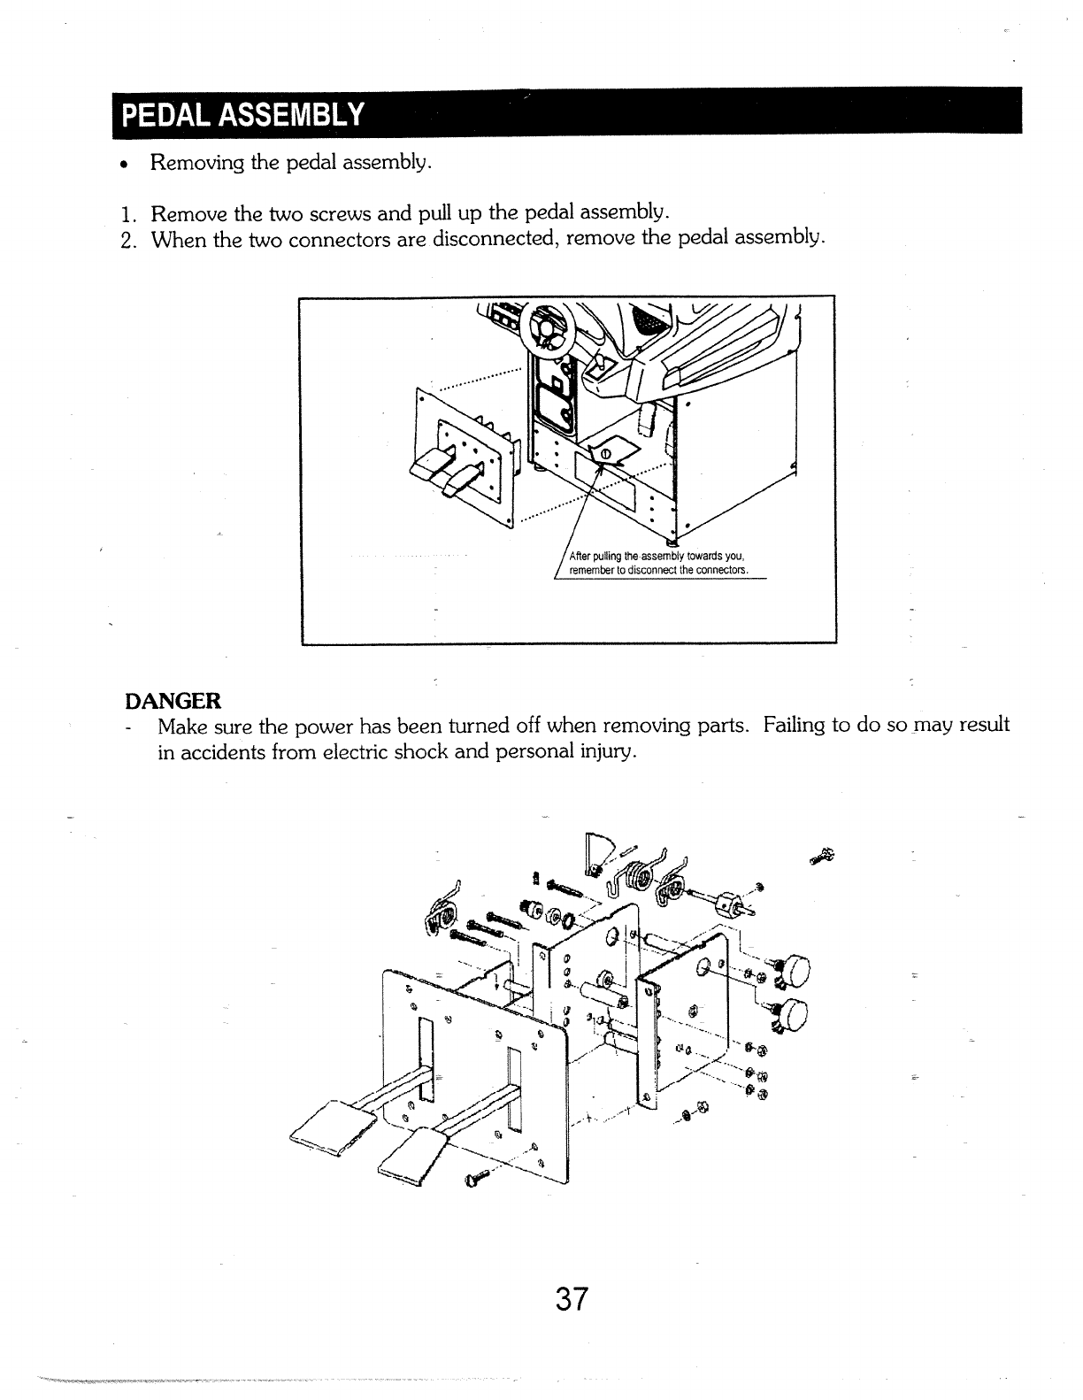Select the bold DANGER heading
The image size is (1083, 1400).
173,701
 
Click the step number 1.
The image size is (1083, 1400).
128,214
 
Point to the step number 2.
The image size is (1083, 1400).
128,239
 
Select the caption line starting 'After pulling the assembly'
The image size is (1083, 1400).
656,556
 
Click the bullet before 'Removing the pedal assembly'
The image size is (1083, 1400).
129,165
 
